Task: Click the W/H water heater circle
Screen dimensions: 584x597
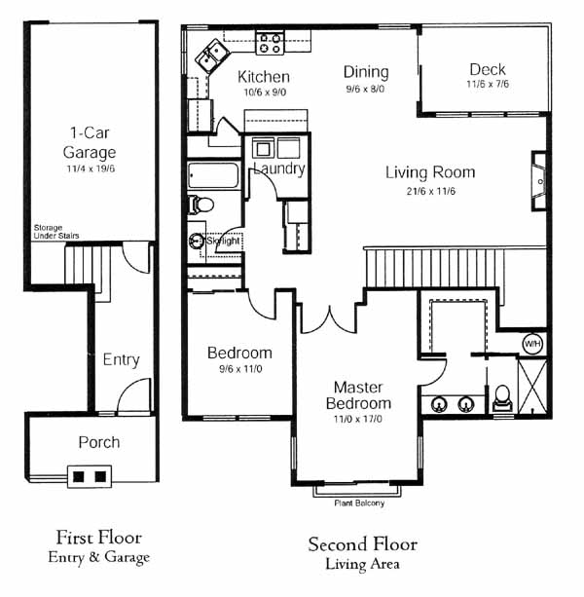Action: tap(532, 344)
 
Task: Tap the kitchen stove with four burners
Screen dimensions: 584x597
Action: tap(270, 43)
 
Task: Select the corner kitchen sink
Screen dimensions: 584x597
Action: tap(212, 56)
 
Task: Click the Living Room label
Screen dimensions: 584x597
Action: tap(430, 172)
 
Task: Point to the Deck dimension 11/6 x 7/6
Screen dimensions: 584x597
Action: tap(488, 84)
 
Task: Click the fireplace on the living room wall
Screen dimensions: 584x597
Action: tap(539, 181)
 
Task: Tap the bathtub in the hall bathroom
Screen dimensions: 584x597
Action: tap(213, 175)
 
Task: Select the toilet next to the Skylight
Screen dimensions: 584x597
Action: tap(201, 205)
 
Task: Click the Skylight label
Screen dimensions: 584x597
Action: tap(223, 241)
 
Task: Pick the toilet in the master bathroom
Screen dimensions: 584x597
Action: tap(502, 398)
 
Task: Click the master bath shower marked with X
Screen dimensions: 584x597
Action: tap(532, 386)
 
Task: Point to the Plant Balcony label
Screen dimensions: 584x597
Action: tap(359, 504)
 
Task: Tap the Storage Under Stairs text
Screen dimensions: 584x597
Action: tap(56, 232)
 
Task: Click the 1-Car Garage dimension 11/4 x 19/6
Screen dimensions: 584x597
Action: tap(91, 168)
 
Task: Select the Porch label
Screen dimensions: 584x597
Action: tap(99, 442)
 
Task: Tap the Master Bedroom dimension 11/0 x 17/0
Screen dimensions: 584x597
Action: tap(357, 419)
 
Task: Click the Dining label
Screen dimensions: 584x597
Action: tap(366, 72)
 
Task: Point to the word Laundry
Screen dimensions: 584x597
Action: tap(279, 168)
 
